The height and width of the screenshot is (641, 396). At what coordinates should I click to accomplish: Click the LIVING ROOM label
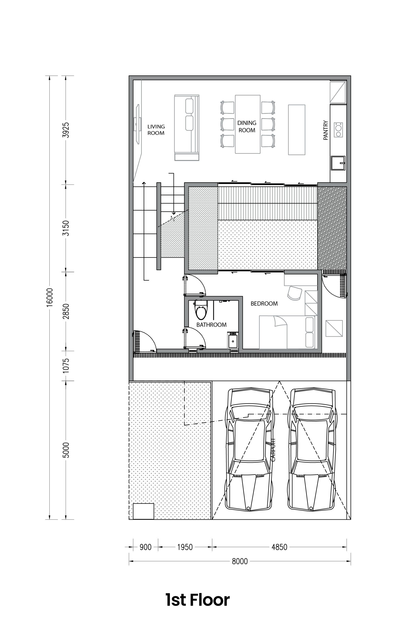point(156,130)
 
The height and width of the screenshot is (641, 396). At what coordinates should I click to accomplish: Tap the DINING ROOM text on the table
point(247,126)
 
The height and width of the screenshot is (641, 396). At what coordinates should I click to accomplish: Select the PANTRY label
point(326,130)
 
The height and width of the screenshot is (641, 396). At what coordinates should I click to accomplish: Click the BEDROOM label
point(264,304)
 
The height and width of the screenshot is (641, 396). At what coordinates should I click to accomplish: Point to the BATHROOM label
point(211,325)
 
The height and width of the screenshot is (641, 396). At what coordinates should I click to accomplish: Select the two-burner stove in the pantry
point(338,130)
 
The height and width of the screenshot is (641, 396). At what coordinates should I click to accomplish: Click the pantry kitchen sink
point(338,163)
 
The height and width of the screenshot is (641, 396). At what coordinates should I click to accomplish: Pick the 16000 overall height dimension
point(50,297)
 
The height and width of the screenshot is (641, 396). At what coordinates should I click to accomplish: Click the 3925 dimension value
point(66,130)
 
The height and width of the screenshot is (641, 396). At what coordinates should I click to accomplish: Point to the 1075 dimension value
point(66,366)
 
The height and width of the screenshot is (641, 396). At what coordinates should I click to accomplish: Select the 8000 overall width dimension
point(240,561)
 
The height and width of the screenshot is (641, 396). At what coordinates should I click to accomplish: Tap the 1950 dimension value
point(185,547)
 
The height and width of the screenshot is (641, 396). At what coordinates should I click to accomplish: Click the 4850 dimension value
point(279,547)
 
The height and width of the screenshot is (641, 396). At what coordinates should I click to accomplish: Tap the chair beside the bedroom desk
point(295,293)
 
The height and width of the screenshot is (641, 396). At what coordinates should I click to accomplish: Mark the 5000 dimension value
point(66,450)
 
